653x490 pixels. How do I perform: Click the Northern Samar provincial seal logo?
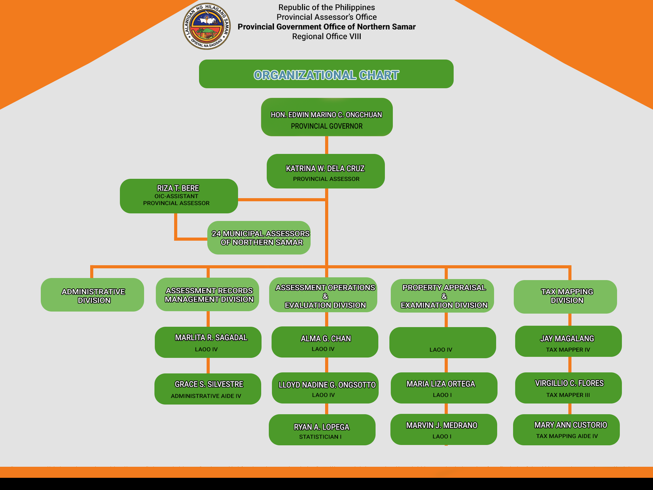click(207, 26)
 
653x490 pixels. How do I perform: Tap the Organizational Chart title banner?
click(326, 74)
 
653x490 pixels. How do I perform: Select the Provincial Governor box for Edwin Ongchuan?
click(326, 117)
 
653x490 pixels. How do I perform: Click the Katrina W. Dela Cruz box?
click(325, 171)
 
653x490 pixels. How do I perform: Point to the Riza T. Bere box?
click(178, 196)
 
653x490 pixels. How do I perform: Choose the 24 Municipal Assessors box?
click(259, 238)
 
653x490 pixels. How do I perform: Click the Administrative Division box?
click(92, 295)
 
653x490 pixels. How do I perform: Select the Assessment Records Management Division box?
click(207, 294)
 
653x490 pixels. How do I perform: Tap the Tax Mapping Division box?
click(565, 296)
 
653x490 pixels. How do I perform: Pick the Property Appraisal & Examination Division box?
click(442, 296)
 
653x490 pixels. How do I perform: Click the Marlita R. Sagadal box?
click(208, 342)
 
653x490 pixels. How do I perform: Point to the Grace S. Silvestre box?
click(207, 389)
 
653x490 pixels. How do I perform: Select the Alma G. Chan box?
click(325, 342)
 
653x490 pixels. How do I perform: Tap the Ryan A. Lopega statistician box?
click(322, 430)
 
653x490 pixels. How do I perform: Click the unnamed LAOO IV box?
click(442, 343)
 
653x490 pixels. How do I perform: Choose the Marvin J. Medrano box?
click(443, 429)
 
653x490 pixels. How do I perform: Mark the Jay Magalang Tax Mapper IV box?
click(568, 341)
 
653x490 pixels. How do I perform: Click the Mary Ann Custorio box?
click(566, 430)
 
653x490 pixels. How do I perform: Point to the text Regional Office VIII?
click(326, 37)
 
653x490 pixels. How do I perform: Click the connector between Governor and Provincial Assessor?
click(326, 145)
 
